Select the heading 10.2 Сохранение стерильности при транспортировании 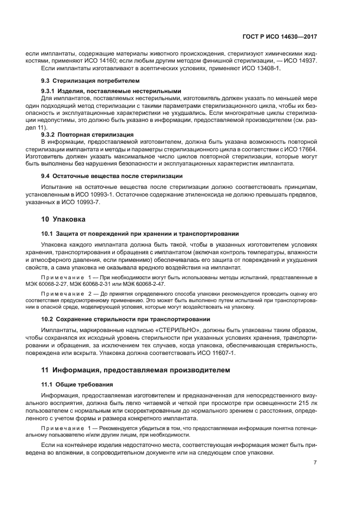[x=126, y=318]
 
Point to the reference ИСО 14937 [x=297, y=61]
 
